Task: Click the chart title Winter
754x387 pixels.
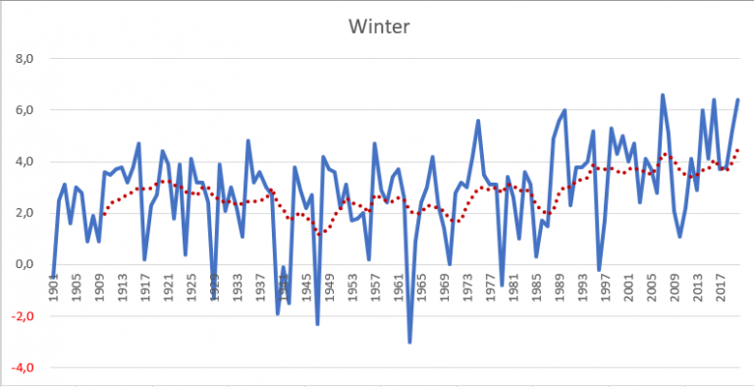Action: point(377,26)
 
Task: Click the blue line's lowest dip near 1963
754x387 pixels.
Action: point(409,341)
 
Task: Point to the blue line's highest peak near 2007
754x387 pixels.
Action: point(663,95)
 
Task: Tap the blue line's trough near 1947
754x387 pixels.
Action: point(318,323)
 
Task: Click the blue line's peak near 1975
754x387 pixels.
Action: point(478,121)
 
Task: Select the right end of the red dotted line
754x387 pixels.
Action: point(737,149)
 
